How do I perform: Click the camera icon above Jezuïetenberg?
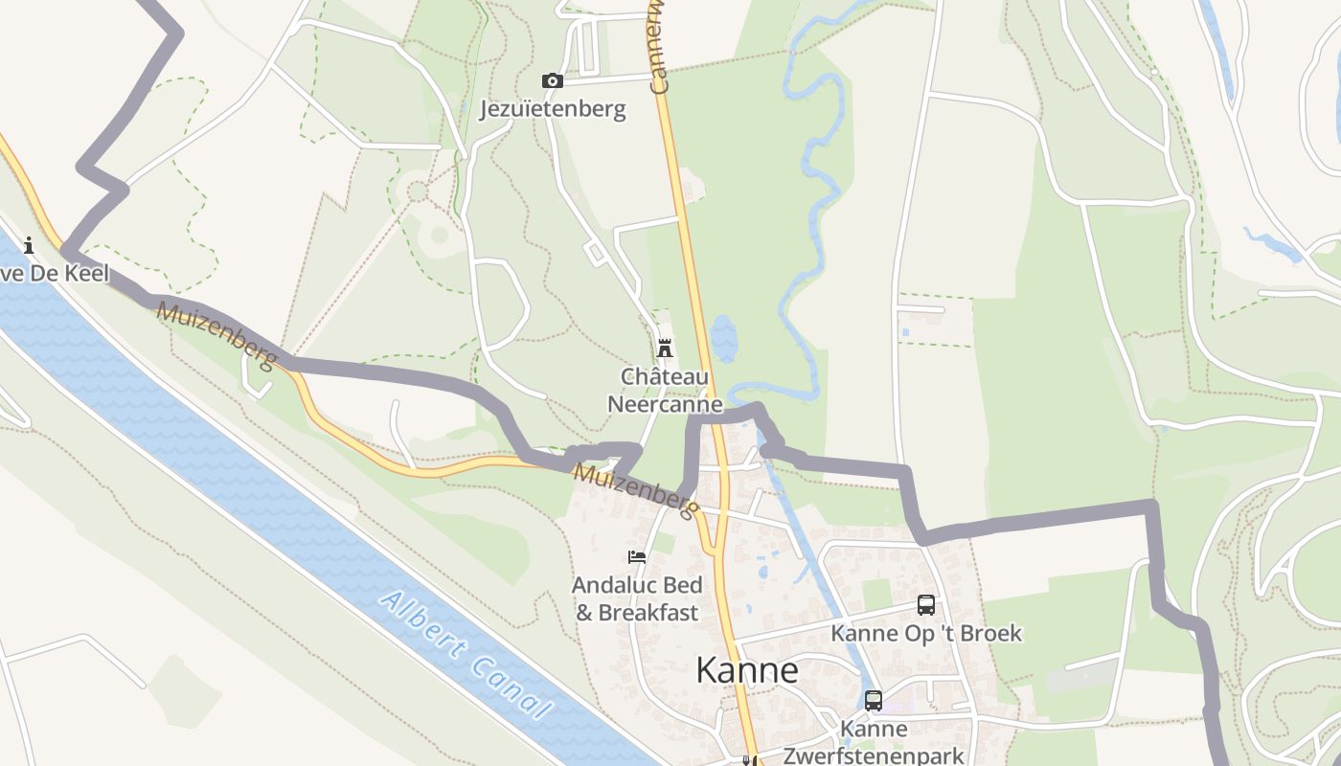tap(553, 81)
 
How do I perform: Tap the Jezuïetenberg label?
tap(553, 109)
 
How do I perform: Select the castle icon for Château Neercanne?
tap(665, 349)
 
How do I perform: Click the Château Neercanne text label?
tap(665, 390)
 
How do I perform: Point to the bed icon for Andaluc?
tap(637, 557)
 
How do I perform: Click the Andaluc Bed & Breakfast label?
tap(637, 598)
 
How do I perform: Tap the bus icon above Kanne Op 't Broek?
tap(926, 605)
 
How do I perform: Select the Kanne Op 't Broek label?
tap(926, 634)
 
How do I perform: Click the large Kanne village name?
tap(747, 670)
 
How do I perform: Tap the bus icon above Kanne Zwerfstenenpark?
tap(874, 701)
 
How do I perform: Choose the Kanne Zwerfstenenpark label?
tap(874, 742)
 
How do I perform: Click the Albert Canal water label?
tap(466, 655)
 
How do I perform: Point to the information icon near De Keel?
tap(29, 245)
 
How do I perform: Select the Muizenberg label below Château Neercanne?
tap(634, 491)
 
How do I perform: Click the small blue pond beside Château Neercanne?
tap(724, 339)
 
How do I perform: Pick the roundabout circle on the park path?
tap(418, 191)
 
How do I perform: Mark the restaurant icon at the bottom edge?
tap(750, 761)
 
